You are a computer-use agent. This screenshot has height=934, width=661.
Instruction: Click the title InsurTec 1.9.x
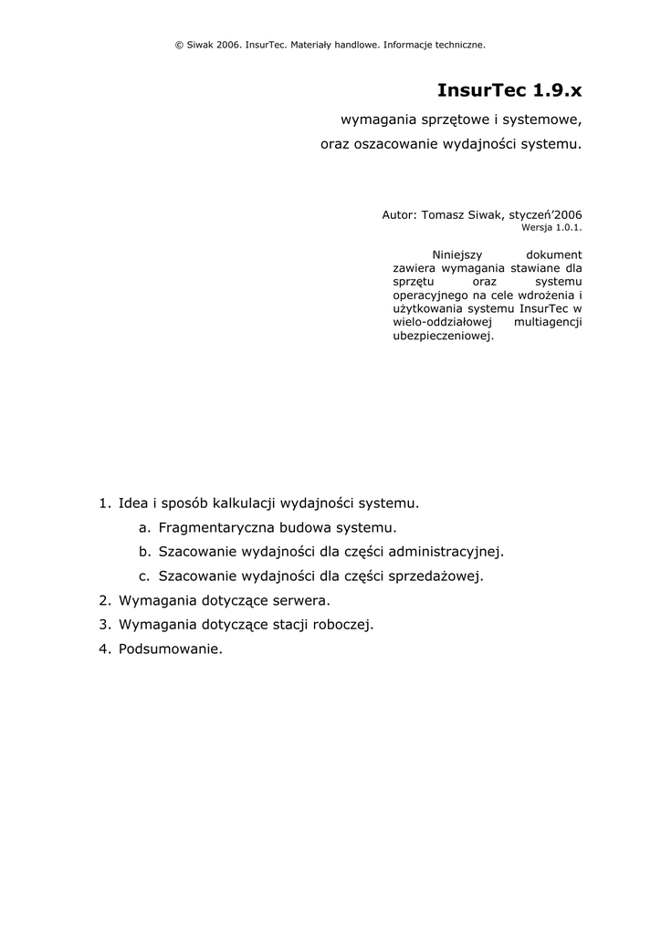click(x=509, y=90)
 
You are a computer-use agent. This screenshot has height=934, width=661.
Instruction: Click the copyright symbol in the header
click(x=178, y=44)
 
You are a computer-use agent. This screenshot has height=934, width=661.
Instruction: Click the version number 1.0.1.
click(x=565, y=227)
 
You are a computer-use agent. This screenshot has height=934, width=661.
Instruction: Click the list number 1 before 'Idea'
click(x=104, y=503)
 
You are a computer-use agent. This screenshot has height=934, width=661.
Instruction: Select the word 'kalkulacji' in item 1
click(x=244, y=503)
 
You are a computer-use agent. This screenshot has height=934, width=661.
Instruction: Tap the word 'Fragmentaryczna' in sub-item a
click(x=214, y=527)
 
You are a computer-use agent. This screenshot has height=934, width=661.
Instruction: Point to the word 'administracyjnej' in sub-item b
click(x=446, y=552)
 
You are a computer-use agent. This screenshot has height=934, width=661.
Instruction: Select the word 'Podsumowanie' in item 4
click(x=169, y=650)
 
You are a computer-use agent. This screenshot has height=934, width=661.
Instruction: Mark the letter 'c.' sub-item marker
click(x=144, y=576)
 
